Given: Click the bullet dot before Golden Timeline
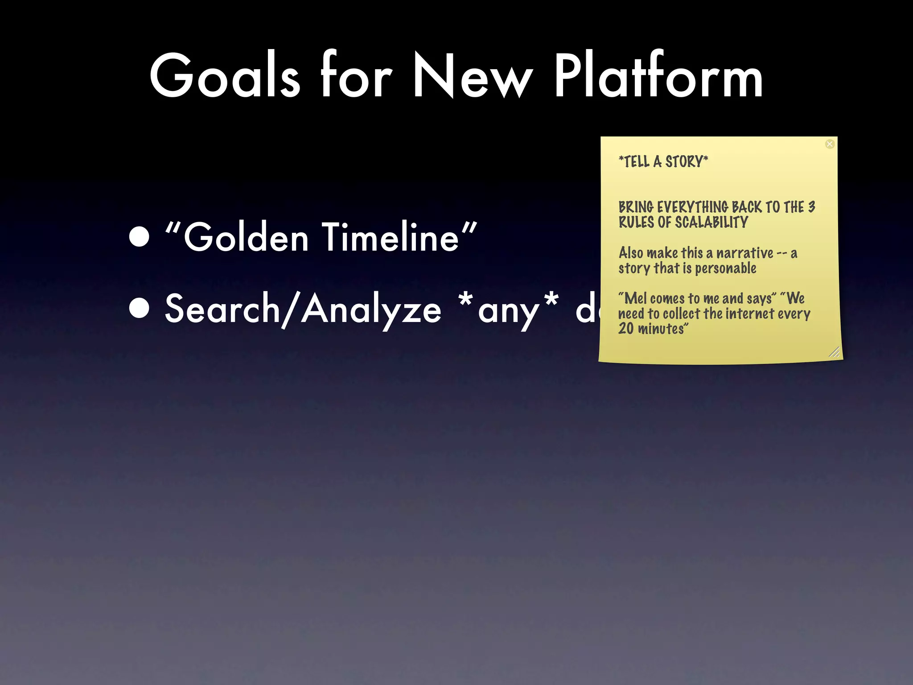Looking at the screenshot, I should tap(140, 237).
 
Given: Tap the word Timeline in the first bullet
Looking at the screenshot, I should tap(391, 237).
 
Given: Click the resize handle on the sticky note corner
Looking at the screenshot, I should tap(834, 352).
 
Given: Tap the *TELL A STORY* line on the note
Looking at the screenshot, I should tap(663, 161).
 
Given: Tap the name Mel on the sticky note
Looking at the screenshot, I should tap(635, 298).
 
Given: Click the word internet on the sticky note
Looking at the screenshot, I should tap(750, 314).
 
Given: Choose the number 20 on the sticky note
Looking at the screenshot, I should tap(625, 329).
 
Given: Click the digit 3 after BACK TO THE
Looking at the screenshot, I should tap(811, 207).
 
